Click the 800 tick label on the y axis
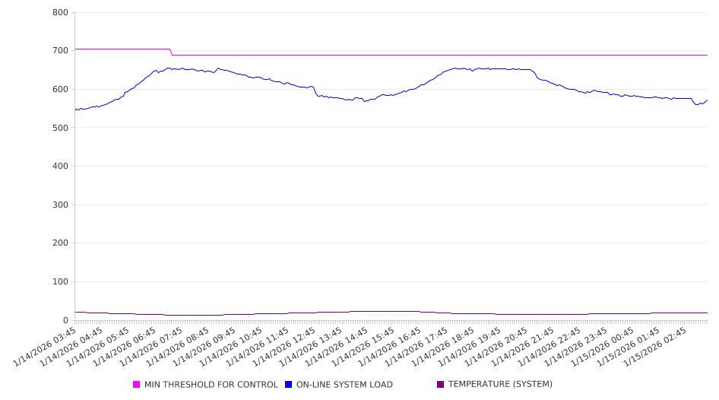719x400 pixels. coord(61,13)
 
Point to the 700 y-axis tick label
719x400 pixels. coord(61,51)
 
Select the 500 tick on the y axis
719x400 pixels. coord(61,128)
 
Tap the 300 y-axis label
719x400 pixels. coord(61,205)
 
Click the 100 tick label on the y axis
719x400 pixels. coord(61,282)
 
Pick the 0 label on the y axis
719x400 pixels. coord(65,321)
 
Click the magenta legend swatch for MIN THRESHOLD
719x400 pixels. coord(137,385)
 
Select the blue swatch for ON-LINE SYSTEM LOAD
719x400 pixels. coord(289,385)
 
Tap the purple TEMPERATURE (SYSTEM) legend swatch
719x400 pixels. coord(440,385)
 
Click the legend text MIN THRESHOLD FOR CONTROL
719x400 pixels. coord(211,385)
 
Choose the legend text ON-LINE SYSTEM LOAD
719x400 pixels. coord(344,385)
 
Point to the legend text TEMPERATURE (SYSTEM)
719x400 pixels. coord(500,385)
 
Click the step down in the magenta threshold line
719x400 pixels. coord(171,52)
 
